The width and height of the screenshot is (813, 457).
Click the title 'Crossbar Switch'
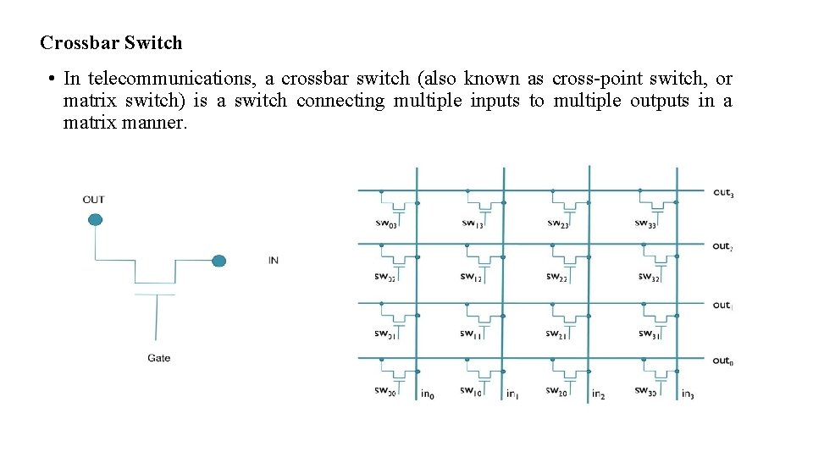coord(111,42)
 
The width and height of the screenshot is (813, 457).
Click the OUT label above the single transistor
coord(93,200)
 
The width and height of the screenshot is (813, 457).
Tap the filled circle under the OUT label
coord(95,220)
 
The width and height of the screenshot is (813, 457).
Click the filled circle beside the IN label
coord(218,261)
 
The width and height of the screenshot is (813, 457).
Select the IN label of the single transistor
coord(273,261)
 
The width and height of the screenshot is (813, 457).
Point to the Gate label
coord(158,358)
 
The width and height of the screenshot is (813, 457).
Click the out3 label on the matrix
coord(722,193)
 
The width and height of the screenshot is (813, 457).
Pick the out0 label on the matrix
coord(722,361)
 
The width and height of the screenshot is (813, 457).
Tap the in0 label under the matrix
coord(428,394)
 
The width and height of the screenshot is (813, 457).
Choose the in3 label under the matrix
coord(688,394)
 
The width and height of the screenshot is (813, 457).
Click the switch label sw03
coord(385,223)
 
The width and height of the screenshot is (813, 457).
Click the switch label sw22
coord(557,278)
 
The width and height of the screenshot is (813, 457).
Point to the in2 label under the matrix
coord(598,394)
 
